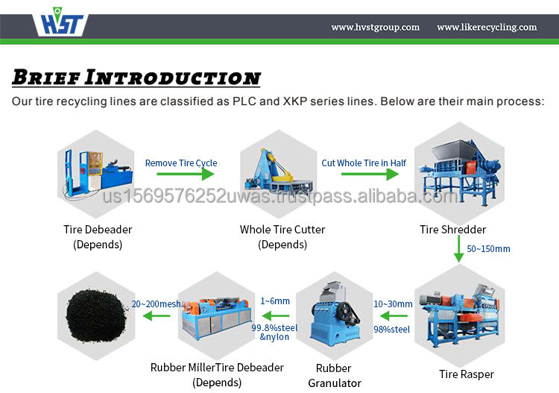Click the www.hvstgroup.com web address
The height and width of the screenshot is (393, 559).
click(375, 28)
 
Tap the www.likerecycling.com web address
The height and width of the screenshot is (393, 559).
click(487, 28)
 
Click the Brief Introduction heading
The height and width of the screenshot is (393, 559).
click(136, 77)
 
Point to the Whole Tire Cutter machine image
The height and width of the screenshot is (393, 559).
click(281, 176)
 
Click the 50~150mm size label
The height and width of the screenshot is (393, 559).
click(488, 248)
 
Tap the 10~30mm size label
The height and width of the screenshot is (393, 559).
click(393, 304)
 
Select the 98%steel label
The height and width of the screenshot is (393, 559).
click(392, 329)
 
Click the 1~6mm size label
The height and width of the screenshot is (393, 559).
click(275, 301)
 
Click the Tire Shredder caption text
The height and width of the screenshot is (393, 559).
click(452, 230)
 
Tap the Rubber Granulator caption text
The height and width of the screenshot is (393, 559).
click(335, 375)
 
